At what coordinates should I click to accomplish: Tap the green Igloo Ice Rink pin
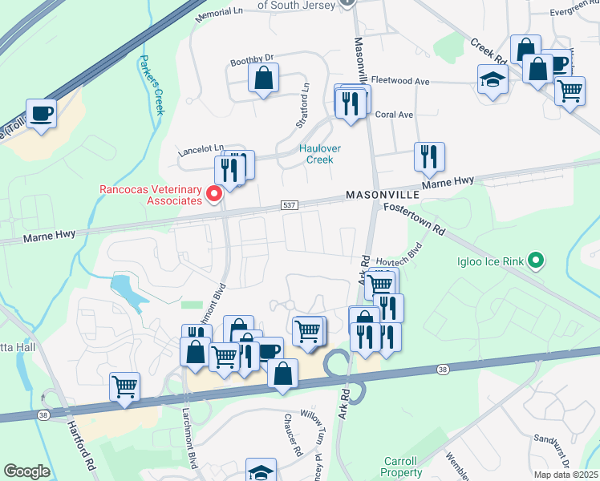tap(537, 261)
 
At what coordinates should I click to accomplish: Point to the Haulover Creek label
tap(315, 153)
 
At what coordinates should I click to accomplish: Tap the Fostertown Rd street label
tap(414, 218)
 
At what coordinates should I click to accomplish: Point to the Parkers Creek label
tap(149, 84)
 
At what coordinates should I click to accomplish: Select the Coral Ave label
tap(394, 115)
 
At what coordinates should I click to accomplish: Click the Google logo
tap(26, 471)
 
